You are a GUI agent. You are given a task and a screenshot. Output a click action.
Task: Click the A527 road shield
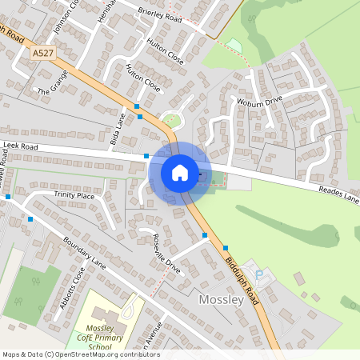tap(44, 53)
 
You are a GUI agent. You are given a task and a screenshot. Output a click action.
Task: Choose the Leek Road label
tap(20, 147)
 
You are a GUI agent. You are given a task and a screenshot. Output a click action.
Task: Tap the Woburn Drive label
tap(259, 102)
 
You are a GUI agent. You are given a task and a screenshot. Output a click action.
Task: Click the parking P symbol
tap(257, 272)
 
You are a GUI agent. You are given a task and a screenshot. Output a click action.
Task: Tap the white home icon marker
tap(180, 172)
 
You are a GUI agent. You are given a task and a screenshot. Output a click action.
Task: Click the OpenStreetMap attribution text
tap(80, 354)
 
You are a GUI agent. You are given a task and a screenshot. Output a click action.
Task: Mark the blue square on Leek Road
tap(146, 156)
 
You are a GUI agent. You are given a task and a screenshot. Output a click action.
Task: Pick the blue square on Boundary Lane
tap(30, 218)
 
